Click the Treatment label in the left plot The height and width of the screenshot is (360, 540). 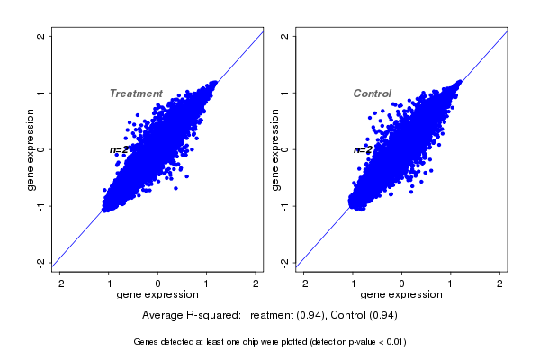(x=136, y=94)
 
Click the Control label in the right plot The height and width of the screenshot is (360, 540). (x=372, y=94)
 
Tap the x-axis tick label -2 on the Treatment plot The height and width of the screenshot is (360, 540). (x=59, y=283)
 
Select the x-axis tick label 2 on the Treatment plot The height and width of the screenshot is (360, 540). (x=256, y=283)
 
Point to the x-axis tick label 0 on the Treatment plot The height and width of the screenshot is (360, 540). (x=158, y=283)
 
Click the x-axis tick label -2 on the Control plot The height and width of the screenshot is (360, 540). (x=303, y=283)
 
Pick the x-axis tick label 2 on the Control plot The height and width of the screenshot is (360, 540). (x=500, y=283)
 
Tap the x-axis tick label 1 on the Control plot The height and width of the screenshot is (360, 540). (x=451, y=283)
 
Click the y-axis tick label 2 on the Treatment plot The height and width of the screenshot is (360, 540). (x=41, y=36)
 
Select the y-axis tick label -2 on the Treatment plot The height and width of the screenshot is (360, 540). (x=41, y=262)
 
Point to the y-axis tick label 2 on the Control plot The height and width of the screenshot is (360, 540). (x=285, y=36)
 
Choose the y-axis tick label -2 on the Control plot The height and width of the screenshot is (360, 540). (x=285, y=262)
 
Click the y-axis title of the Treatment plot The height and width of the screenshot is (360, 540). (x=31, y=149)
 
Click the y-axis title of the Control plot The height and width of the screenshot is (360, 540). (x=274, y=149)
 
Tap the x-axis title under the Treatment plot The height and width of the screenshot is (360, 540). (x=158, y=295)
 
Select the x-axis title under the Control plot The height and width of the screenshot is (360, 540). (x=401, y=295)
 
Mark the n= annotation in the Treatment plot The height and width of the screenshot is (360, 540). (x=116, y=150)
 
